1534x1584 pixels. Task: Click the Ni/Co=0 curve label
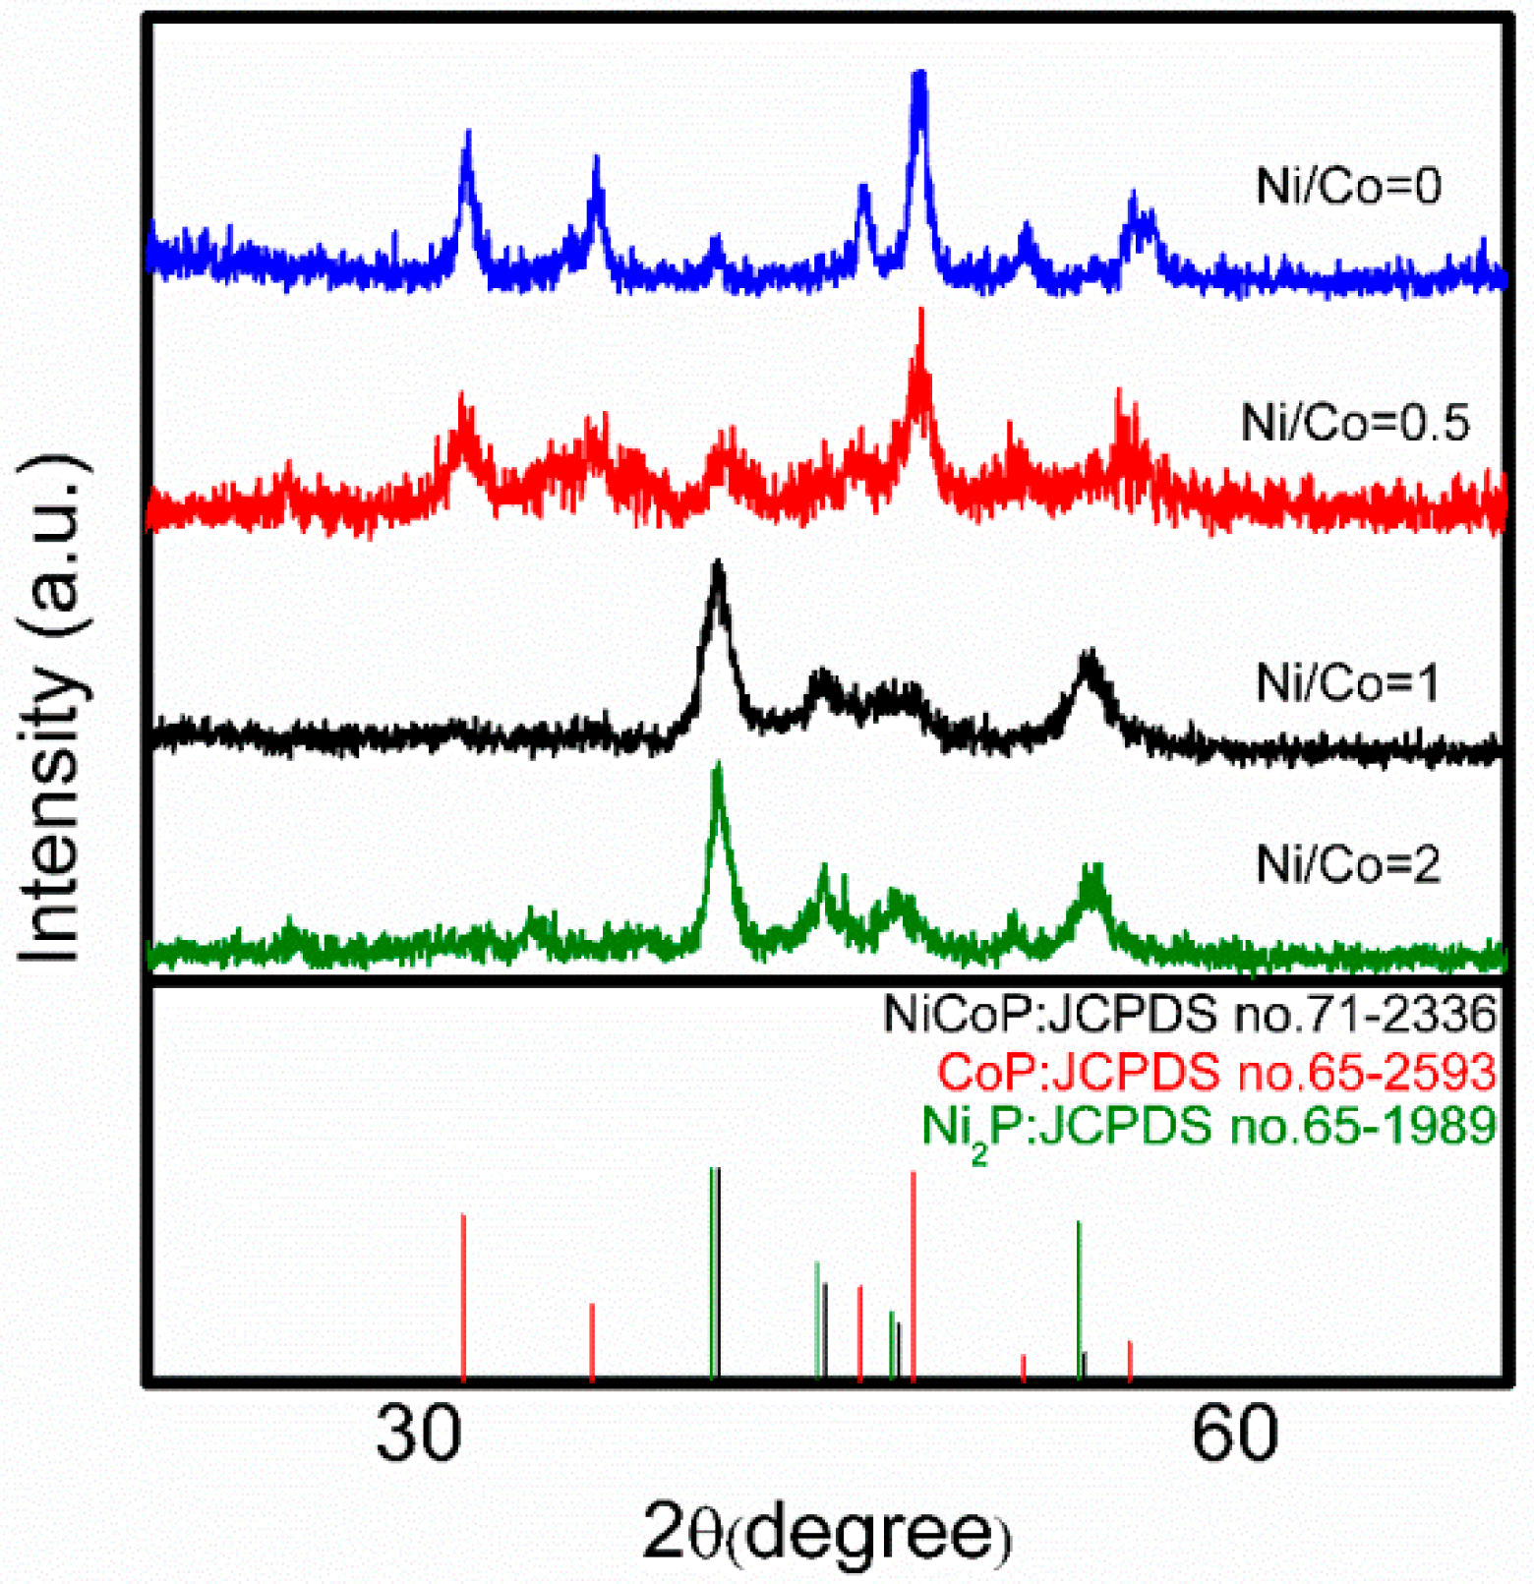pyautogui.click(x=1348, y=186)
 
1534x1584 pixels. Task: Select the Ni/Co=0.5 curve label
pyautogui.click(x=1354, y=423)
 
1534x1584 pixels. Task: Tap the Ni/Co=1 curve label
pyautogui.click(x=1347, y=682)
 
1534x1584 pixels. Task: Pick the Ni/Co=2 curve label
pyautogui.click(x=1347, y=865)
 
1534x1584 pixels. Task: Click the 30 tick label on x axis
pyautogui.click(x=418, y=1433)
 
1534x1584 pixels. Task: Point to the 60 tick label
pyautogui.click(x=1234, y=1433)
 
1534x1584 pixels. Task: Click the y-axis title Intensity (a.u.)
pyautogui.click(x=51, y=708)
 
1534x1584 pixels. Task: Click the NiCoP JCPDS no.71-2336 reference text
pyautogui.click(x=1189, y=1014)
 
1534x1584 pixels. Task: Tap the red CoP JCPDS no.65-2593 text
pyautogui.click(x=1215, y=1071)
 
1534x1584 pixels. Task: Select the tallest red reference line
pyautogui.click(x=914, y=1273)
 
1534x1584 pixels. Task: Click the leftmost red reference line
pyautogui.click(x=463, y=1295)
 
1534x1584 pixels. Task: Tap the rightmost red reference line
pyautogui.click(x=1130, y=1360)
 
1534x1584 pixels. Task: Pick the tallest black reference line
pyautogui.click(x=719, y=1271)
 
